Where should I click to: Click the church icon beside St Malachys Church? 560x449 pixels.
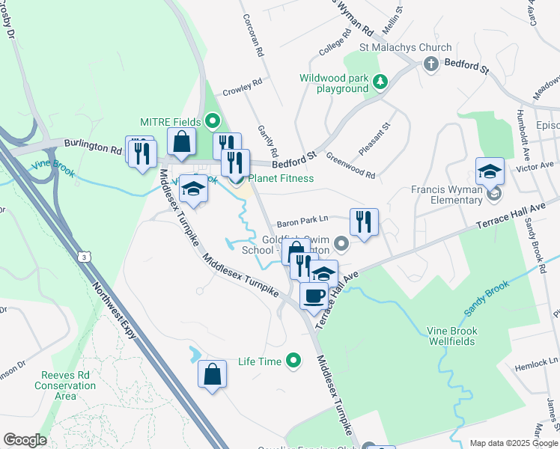tap(430, 64)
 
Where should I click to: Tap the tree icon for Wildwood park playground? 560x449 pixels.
tap(380, 82)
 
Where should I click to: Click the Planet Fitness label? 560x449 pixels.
tap(280, 178)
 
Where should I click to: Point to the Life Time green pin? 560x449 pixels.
tap(293, 361)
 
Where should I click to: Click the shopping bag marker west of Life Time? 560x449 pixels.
tap(212, 373)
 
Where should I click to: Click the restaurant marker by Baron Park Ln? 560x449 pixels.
tap(363, 222)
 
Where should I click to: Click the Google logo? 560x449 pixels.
tap(25, 440)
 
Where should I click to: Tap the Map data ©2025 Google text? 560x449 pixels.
tap(514, 443)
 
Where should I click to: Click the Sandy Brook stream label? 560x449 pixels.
tap(487, 296)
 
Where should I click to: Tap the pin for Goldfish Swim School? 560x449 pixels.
tap(342, 243)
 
